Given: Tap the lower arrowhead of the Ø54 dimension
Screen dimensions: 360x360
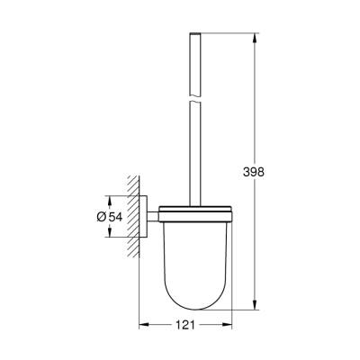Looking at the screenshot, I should tap(110, 236).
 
